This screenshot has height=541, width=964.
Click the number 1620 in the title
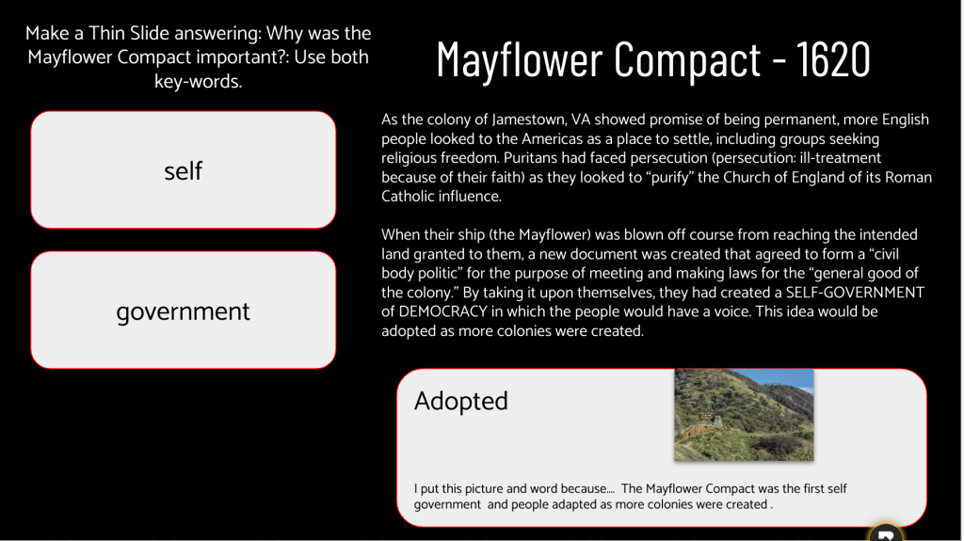(833, 59)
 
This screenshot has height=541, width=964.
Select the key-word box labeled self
(184, 170)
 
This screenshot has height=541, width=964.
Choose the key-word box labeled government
(184, 310)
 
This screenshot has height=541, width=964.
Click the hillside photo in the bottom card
(744, 415)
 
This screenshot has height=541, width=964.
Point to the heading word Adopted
(461, 401)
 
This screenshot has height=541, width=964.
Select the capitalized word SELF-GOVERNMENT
(855, 293)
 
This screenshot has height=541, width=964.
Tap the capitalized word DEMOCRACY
(442, 311)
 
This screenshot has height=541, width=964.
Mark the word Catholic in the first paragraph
(407, 197)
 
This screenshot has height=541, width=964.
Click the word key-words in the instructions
(198, 82)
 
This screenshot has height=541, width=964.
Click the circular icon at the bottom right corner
(885, 533)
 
